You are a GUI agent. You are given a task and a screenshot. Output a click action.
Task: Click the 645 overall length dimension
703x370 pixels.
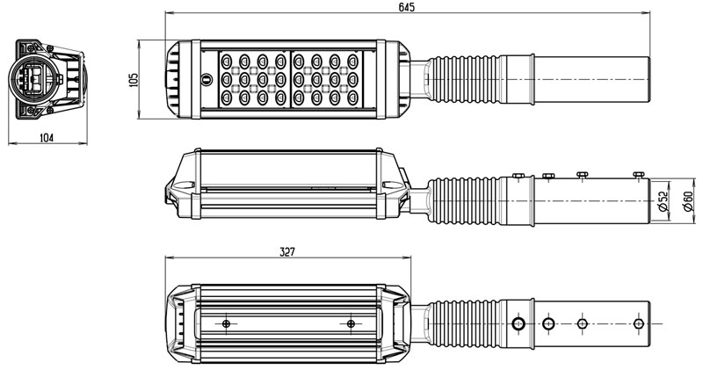point(406,7)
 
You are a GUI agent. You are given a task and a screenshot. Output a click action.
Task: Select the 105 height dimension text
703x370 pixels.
point(134,80)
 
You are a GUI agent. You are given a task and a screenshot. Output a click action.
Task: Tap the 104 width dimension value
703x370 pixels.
point(47,138)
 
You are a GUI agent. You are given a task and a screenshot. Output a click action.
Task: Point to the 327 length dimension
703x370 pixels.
point(287,252)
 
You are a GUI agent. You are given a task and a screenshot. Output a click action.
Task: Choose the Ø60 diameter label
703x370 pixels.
point(688,201)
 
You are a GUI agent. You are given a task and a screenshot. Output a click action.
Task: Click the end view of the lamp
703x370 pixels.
point(47,79)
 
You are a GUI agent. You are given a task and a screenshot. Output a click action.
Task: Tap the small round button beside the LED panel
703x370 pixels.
point(207,80)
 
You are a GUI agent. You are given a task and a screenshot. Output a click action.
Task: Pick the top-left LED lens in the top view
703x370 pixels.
point(227,61)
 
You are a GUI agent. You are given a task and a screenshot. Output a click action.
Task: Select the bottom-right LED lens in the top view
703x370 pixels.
point(353,98)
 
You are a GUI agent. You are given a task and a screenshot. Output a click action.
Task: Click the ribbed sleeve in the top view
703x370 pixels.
point(464,79)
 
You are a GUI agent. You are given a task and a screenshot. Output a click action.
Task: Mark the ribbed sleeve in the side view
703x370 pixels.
point(464,200)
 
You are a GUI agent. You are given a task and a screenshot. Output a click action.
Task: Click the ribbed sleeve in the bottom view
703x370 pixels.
point(464,323)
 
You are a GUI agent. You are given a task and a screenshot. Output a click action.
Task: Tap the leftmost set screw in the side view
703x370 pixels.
point(518,176)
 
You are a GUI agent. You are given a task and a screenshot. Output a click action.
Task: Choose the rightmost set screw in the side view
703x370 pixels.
point(639,175)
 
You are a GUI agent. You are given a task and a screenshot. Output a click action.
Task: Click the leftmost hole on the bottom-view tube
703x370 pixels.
point(518,323)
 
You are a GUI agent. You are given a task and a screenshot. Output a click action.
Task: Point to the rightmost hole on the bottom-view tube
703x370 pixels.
point(639,323)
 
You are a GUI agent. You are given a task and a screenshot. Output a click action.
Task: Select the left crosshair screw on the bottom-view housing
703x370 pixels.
point(226,323)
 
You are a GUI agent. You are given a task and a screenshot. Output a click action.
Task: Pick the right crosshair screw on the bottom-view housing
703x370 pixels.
point(351,323)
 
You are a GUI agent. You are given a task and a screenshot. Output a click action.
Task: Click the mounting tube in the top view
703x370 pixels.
point(591,79)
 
